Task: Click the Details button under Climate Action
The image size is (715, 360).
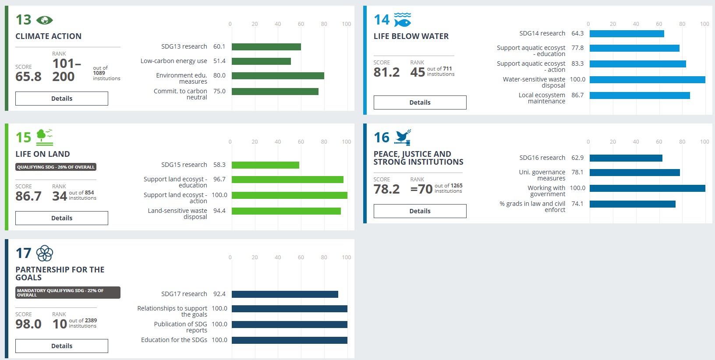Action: (62, 99)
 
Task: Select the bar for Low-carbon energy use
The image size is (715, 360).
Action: (261, 61)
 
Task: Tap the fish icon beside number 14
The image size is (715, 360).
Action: (402, 20)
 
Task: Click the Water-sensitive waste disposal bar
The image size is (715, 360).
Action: (647, 80)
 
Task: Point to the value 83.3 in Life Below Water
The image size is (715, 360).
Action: (577, 64)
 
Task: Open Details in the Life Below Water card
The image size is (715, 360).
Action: (420, 102)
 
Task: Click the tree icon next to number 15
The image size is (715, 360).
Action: (44, 138)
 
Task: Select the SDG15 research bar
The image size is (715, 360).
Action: (265, 165)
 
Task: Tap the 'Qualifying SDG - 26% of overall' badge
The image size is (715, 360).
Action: (56, 167)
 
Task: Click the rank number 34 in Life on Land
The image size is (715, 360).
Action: (60, 196)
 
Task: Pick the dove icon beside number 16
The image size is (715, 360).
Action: (403, 138)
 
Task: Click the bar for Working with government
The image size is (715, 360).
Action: (647, 188)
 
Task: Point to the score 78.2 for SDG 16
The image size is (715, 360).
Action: (386, 189)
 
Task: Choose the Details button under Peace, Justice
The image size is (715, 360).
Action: (420, 211)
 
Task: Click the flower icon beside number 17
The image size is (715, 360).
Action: (44, 253)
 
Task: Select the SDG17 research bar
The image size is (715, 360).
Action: (285, 294)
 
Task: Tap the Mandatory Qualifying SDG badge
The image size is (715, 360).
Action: (67, 293)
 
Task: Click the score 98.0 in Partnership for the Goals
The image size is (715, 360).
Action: (28, 324)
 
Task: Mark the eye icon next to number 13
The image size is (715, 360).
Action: (44, 20)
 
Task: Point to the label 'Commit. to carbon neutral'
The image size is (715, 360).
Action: (181, 94)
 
